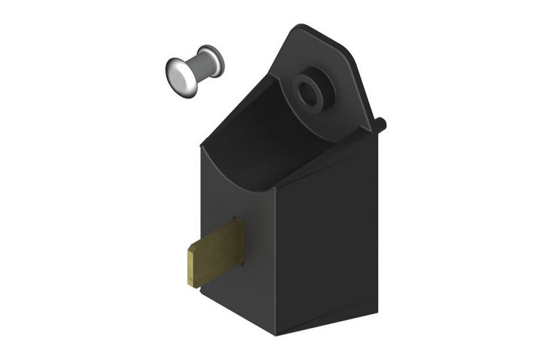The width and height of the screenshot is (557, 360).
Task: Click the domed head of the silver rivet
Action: (180, 75)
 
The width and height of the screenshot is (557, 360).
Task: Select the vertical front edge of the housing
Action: (274, 265)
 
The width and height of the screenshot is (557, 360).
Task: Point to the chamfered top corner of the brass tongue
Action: (191, 246)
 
